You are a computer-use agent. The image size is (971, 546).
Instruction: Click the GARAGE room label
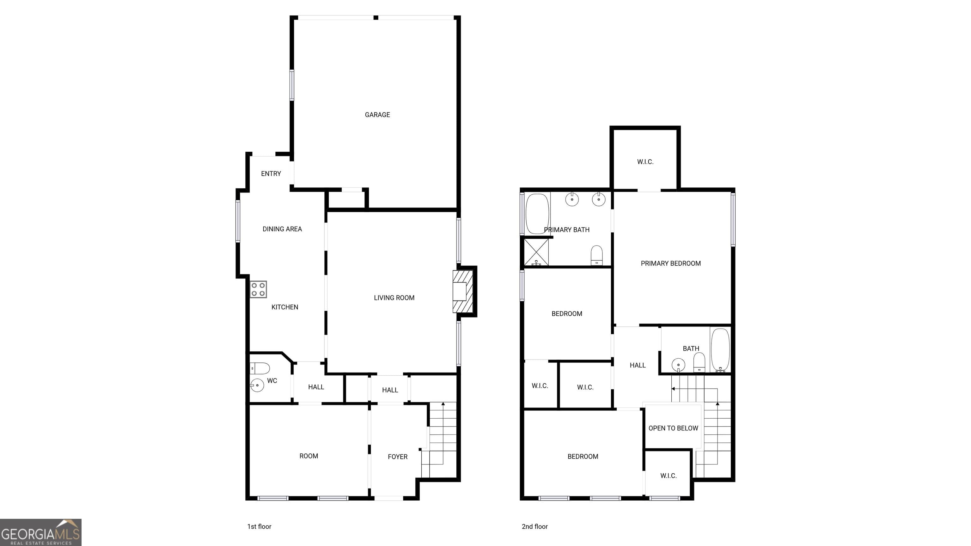[377, 115]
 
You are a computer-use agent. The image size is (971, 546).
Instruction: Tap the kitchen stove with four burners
[258, 289]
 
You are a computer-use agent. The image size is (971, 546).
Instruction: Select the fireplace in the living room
[462, 291]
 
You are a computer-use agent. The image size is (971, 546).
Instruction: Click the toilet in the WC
[260, 368]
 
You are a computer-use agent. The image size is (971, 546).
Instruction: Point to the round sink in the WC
[257, 385]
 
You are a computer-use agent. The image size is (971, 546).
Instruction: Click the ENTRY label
[271, 174]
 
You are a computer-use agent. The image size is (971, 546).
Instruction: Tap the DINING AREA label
[282, 229]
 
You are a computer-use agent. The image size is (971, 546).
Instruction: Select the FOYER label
[398, 457]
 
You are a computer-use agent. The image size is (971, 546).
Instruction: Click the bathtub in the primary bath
[537, 214]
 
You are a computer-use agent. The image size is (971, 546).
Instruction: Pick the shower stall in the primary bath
[536, 252]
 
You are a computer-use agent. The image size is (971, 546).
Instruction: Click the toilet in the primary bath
[597, 255]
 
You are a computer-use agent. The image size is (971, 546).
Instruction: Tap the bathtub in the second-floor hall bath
[720, 350]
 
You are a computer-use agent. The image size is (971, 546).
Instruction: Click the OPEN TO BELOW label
[673, 428]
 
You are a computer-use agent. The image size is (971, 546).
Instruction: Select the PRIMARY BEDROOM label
[671, 264]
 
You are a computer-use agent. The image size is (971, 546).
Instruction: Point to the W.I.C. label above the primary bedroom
[645, 162]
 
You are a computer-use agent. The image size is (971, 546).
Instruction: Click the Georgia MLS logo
[41, 532]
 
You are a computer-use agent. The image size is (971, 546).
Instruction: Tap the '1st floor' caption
[259, 526]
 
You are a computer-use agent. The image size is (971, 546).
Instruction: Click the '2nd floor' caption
[534, 526]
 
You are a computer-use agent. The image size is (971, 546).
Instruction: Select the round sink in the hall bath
[679, 365]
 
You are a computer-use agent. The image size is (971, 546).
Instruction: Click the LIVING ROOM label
[394, 298]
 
